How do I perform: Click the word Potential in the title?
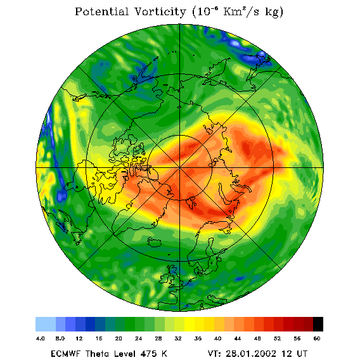pos(101,11)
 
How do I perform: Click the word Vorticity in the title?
pos(160,11)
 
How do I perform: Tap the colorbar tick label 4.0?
pos(41,338)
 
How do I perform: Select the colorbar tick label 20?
pos(119,338)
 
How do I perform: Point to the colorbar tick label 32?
pos(178,338)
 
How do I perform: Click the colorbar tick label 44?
pos(238,338)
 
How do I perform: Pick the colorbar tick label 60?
pos(317,338)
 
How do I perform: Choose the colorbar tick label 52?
pos(277,338)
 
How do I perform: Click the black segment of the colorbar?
pos(318,324)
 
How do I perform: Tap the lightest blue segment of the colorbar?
pos(46,324)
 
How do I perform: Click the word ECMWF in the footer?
pos(65,354)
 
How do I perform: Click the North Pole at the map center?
pos(179,168)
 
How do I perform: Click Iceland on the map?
pos(155,241)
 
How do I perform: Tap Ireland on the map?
pos(164,278)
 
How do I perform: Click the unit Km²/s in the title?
pos(241,11)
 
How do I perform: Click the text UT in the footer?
pos(302,354)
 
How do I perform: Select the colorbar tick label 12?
pos(79,338)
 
